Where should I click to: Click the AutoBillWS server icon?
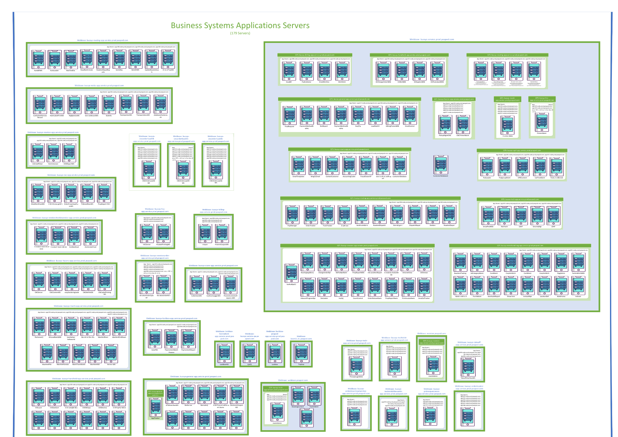(x=38, y=59)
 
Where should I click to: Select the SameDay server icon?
(x=119, y=59)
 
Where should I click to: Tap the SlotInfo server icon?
(x=109, y=104)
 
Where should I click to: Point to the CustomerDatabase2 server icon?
(x=441, y=165)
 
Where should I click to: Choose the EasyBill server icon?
(x=289, y=71)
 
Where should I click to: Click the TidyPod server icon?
(x=301, y=353)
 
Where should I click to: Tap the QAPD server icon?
(x=250, y=353)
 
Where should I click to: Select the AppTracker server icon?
(x=155, y=407)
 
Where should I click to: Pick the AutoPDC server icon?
(x=155, y=338)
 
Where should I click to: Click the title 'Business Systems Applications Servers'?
(x=240, y=25)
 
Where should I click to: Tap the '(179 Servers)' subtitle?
(x=240, y=33)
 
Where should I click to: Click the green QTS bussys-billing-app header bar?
(x=315, y=55)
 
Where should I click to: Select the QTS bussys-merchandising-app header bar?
(x=520, y=245)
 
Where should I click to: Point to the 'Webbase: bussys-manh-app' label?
(x=78, y=306)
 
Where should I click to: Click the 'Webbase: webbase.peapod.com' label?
(x=293, y=380)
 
